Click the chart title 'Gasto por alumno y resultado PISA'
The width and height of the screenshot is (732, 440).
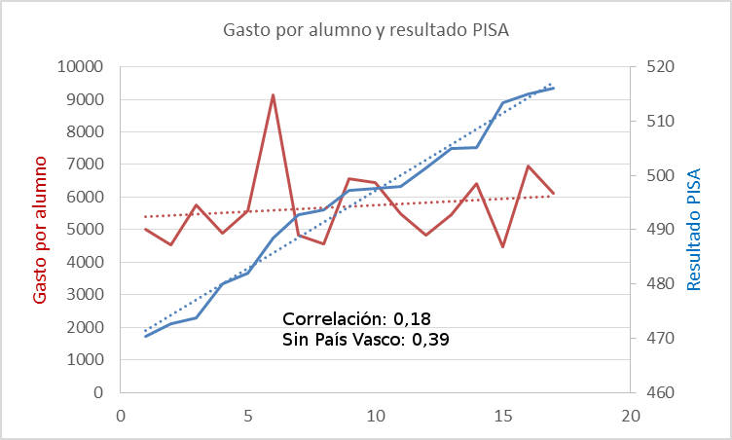point(366,30)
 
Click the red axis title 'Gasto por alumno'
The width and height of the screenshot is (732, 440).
point(40,229)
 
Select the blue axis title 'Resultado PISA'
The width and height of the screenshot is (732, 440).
point(694,230)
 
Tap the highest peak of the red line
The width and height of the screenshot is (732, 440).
point(274,95)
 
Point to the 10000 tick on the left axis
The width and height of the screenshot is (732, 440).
point(81,67)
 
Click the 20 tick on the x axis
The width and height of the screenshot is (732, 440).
point(631,416)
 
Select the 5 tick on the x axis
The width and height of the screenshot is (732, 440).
point(247,416)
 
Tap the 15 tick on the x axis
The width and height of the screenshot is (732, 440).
point(503,416)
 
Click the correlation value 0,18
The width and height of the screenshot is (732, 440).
point(412,318)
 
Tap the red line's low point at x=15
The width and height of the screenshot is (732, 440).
point(503,247)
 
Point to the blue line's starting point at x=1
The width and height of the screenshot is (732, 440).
point(145,336)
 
